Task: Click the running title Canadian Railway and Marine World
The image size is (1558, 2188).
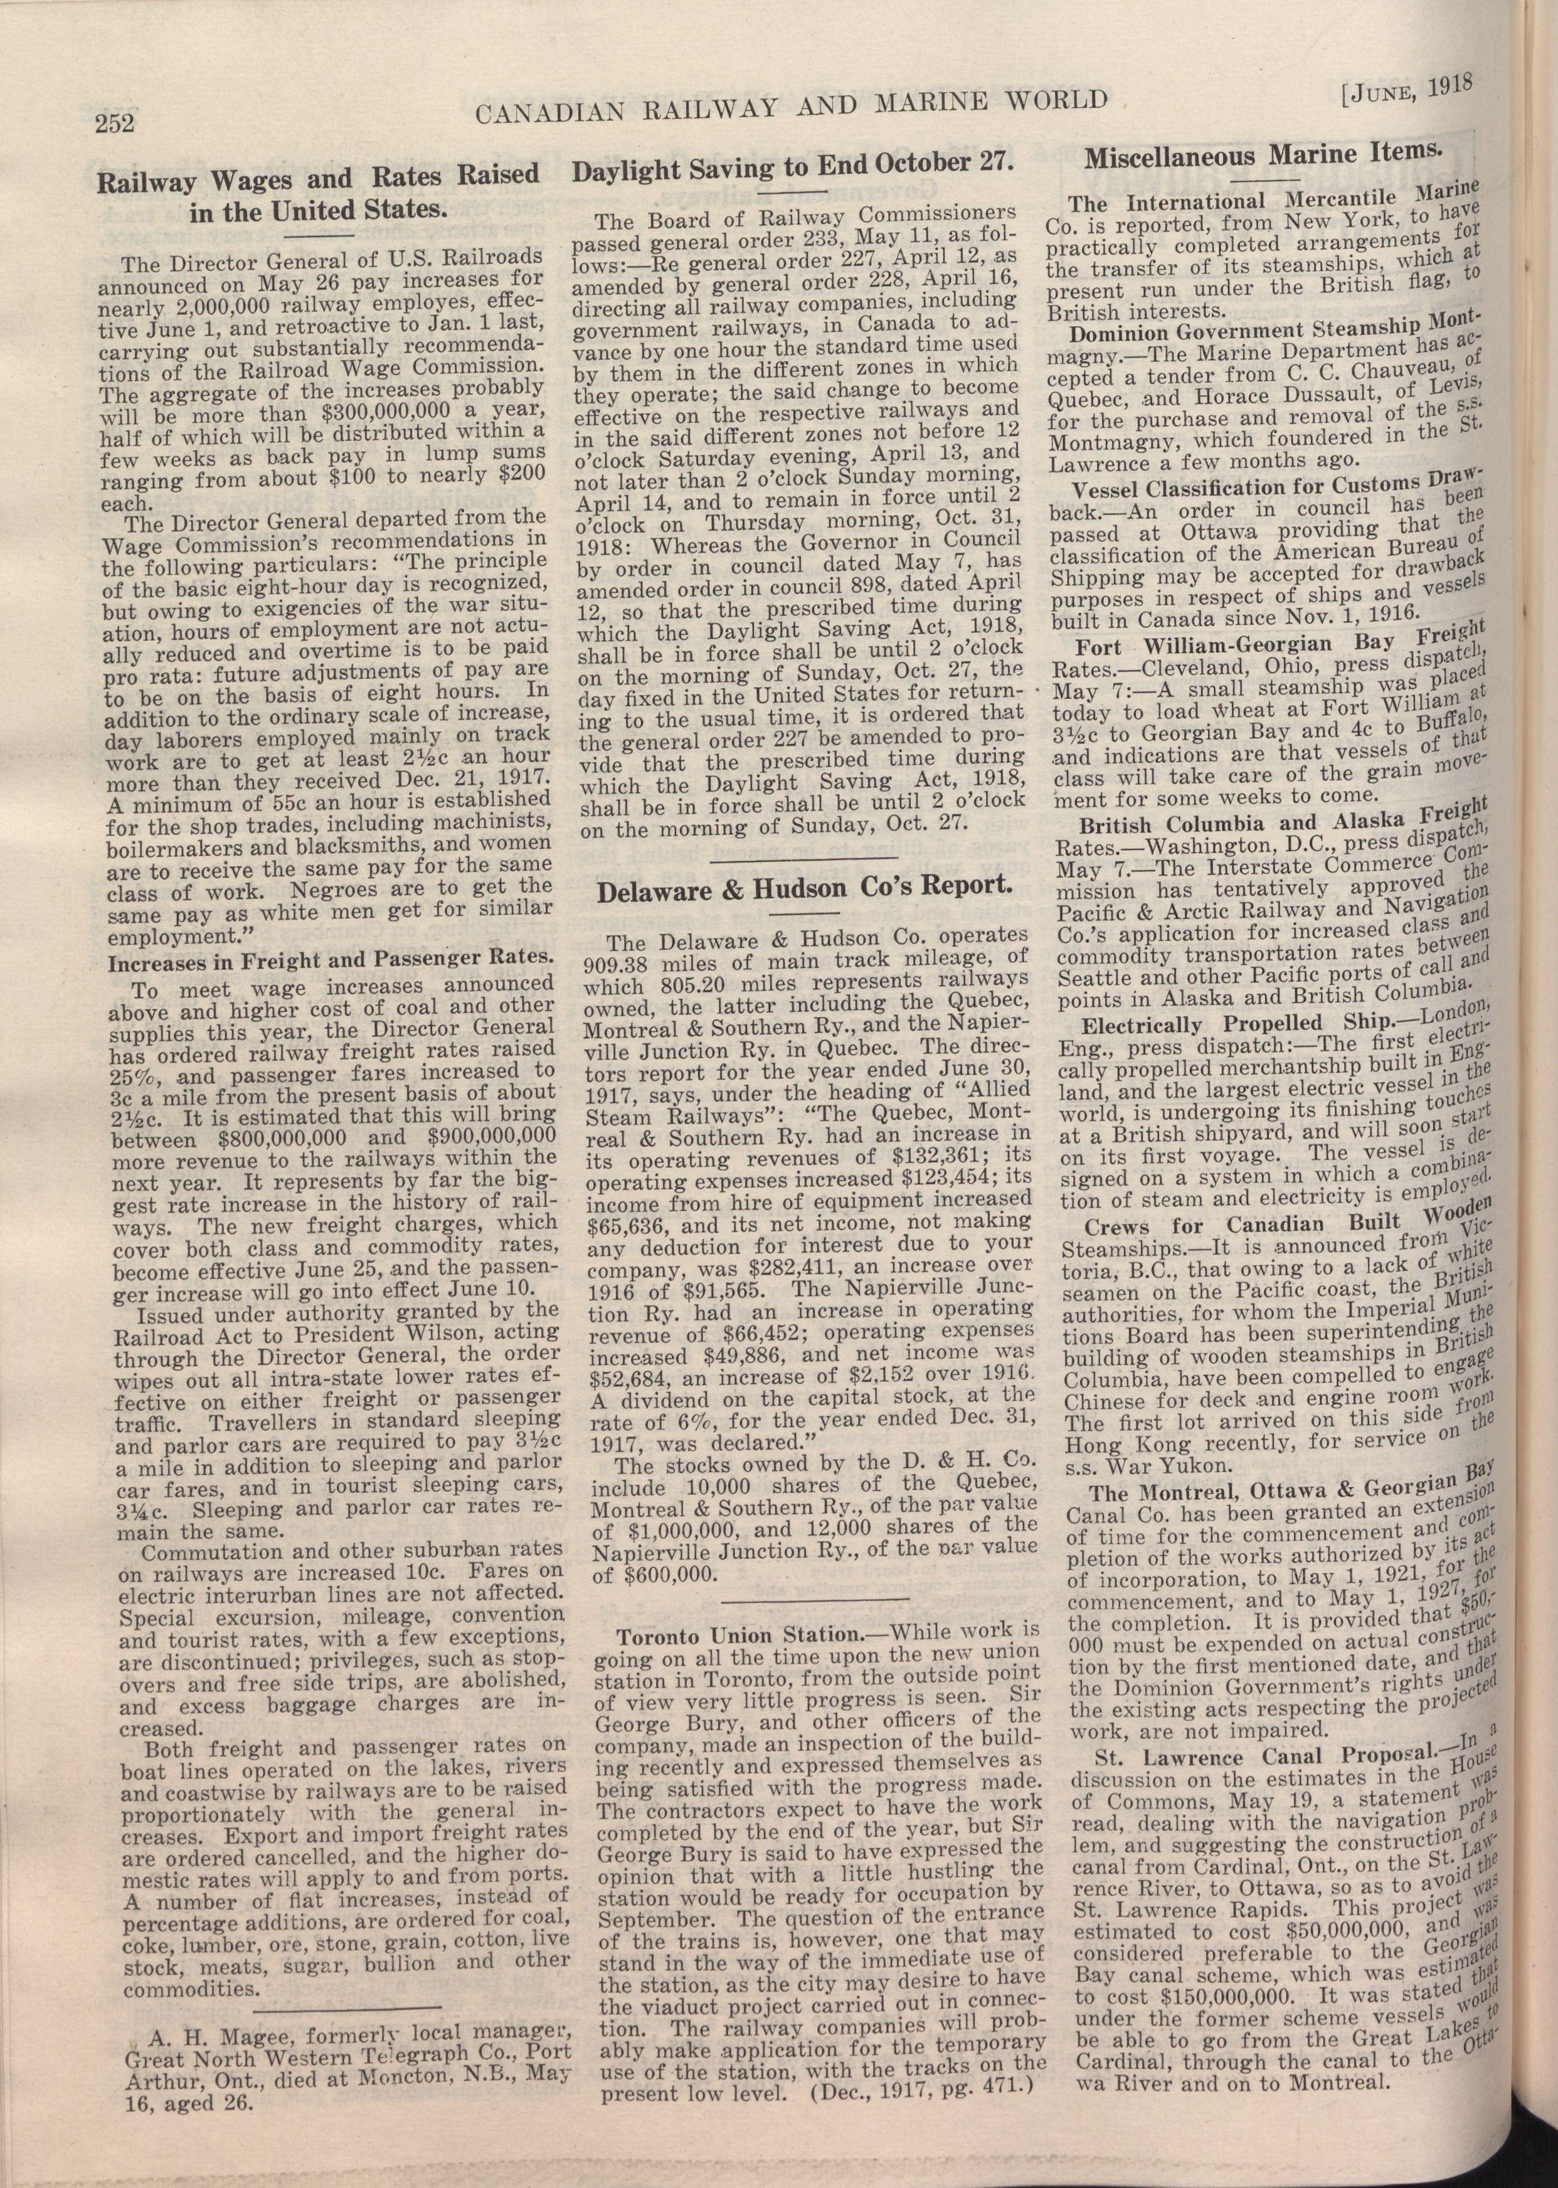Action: click(792, 105)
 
